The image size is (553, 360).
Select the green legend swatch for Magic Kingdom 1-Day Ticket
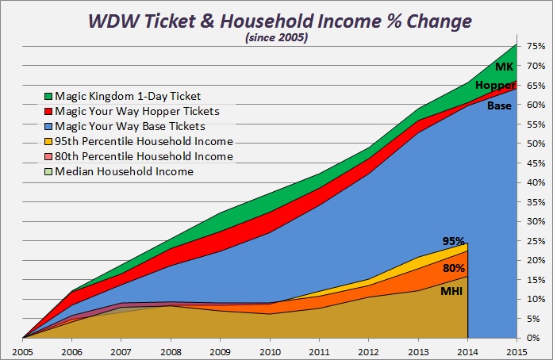(48, 97)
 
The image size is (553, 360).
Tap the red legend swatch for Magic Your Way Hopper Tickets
(48, 112)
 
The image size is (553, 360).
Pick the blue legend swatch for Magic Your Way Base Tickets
(48, 127)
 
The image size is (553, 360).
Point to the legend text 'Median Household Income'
(125, 171)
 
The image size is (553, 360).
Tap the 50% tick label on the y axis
(534, 144)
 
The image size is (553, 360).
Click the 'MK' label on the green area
(505, 67)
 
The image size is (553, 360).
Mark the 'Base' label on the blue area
(499, 105)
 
